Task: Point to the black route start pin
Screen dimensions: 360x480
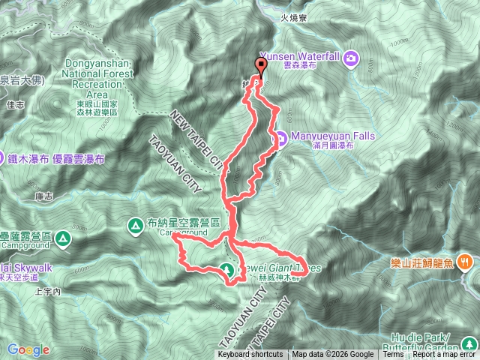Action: [x=260, y=65]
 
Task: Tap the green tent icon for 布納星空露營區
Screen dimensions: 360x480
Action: [x=136, y=223]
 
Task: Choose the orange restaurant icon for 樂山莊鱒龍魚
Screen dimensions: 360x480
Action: [x=466, y=262]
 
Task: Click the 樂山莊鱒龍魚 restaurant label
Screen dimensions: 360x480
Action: [x=423, y=263]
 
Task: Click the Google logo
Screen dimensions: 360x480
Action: [x=28, y=349]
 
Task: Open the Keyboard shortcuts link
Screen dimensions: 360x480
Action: [x=250, y=355]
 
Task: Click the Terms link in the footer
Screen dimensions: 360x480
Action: [x=394, y=355]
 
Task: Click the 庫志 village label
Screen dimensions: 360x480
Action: [x=43, y=196]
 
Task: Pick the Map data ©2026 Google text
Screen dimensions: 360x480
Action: [x=333, y=355]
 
